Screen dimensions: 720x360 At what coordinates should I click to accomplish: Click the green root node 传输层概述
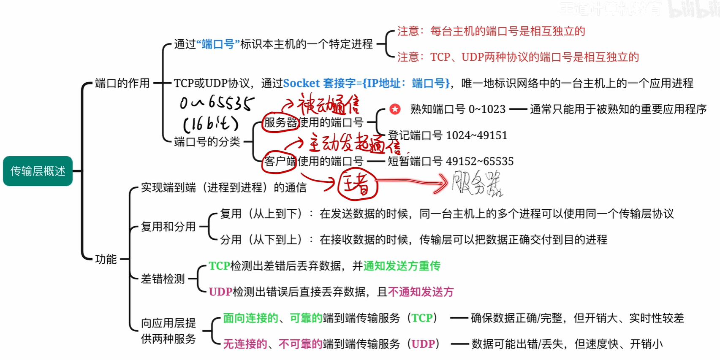click(x=38, y=171)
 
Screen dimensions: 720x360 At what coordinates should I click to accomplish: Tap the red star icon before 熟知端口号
click(x=395, y=109)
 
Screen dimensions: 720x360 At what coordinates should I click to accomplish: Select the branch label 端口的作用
click(x=122, y=83)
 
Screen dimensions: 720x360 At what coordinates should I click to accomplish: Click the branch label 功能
click(x=106, y=259)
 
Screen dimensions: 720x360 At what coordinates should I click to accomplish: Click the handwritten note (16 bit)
click(x=211, y=124)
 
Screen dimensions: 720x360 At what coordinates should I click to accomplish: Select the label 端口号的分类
click(x=207, y=142)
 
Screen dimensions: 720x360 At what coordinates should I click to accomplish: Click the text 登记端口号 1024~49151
click(x=447, y=135)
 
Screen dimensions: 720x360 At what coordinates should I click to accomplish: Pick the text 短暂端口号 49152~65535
click(x=451, y=161)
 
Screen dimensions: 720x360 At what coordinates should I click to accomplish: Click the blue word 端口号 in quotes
click(x=218, y=44)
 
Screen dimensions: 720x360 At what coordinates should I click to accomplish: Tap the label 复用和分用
click(x=168, y=227)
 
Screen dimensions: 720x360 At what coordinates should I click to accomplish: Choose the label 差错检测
click(x=163, y=279)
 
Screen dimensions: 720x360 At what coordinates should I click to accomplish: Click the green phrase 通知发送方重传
click(x=402, y=266)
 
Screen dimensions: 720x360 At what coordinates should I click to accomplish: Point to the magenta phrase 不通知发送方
click(x=421, y=292)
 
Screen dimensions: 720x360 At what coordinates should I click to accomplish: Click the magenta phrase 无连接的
click(x=245, y=344)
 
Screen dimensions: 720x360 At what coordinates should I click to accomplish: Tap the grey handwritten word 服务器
click(x=477, y=184)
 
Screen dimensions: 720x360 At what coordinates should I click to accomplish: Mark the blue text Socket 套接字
click(x=319, y=83)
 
